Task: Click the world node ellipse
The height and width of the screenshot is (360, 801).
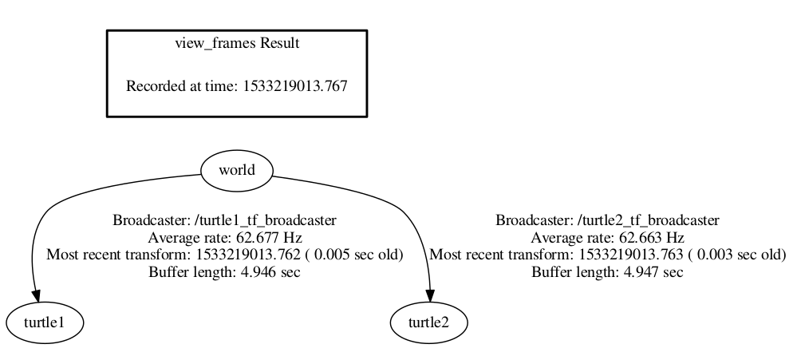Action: coord(236,170)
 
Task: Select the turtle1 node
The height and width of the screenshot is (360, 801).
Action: coord(45,322)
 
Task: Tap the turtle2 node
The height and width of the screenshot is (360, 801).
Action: coord(429,322)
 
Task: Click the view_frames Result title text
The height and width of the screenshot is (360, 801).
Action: coord(237,43)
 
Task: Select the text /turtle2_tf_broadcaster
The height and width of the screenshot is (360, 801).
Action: coord(643,220)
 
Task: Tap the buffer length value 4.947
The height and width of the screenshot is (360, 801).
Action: coord(628,273)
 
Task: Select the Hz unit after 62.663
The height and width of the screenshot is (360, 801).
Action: coord(675,238)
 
